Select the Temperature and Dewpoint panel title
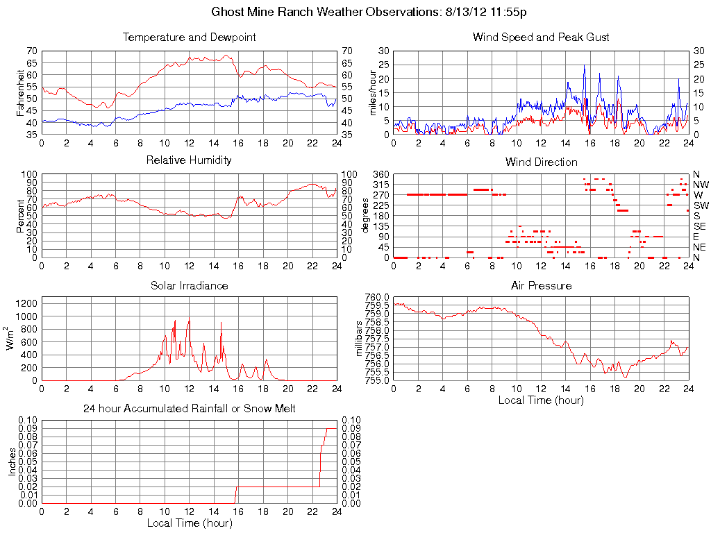click(x=189, y=37)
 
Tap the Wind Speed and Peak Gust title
click(x=541, y=37)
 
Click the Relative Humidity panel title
click(x=189, y=160)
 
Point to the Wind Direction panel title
click(x=541, y=162)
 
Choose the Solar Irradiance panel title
click(x=189, y=286)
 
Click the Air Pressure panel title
click(x=541, y=286)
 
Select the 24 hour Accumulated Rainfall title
click(x=189, y=409)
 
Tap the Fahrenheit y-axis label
click(x=22, y=92)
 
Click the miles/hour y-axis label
click(x=374, y=92)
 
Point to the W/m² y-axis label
click(x=12, y=338)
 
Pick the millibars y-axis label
click(x=359, y=338)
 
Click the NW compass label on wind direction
click(x=699, y=185)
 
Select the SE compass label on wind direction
click(x=699, y=226)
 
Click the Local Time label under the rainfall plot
click(x=189, y=523)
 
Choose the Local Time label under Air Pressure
click(x=541, y=400)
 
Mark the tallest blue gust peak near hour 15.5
click(x=584, y=65)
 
